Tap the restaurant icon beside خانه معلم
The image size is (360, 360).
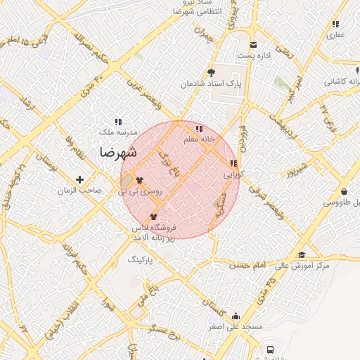point(199,129)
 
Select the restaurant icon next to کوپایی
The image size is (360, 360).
point(234,163)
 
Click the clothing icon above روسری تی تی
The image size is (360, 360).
point(139,180)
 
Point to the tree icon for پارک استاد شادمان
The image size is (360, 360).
point(211,72)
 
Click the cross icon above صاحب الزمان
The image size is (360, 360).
point(79,179)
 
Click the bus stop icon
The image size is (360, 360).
point(269,349)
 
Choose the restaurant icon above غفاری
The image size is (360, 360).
point(335,24)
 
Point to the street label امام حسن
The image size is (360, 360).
point(250,264)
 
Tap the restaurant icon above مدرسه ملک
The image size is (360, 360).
point(117,122)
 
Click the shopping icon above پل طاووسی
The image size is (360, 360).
point(344,191)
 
